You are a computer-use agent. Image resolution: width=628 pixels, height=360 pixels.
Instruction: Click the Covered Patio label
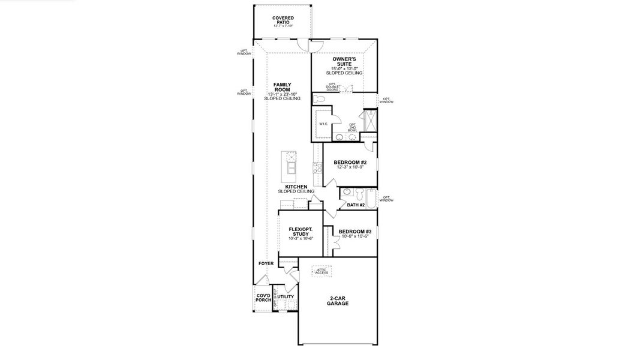[x=283, y=20]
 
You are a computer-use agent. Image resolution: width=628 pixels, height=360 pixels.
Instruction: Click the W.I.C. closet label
[x=322, y=124]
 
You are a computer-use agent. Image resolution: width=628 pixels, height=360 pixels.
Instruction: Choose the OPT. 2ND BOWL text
[x=352, y=127]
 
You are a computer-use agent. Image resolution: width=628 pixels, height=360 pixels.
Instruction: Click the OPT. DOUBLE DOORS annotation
[x=333, y=87]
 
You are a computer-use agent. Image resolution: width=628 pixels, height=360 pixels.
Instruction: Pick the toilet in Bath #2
[x=358, y=194]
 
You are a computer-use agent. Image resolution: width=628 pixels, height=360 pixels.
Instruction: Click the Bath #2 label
[x=356, y=205]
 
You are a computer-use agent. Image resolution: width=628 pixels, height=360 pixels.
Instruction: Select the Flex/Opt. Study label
[x=301, y=232]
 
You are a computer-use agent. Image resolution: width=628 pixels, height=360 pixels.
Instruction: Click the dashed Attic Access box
[x=321, y=271]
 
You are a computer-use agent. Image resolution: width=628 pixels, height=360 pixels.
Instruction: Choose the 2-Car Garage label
[x=338, y=301]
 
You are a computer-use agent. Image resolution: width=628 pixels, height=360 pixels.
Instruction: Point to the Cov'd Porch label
[x=263, y=299]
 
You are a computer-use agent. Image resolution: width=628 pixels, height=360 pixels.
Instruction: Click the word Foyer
[x=266, y=263]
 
